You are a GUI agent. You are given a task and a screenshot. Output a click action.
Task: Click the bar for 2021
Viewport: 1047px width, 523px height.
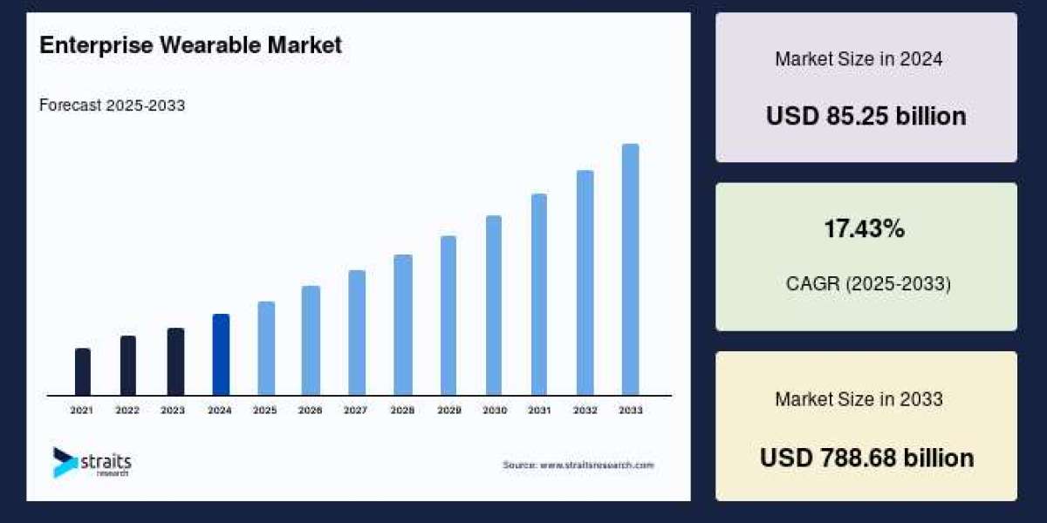(x=83, y=372)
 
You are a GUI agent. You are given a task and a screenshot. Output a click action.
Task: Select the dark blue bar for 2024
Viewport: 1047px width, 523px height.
(x=221, y=355)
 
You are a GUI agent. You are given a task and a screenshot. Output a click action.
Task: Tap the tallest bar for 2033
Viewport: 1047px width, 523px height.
(x=630, y=269)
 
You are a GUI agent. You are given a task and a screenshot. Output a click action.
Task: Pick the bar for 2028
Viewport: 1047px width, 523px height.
(x=402, y=325)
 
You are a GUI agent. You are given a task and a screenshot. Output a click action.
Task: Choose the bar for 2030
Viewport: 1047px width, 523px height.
(x=494, y=305)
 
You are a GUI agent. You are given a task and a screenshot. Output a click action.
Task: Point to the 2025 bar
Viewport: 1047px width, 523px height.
(x=266, y=349)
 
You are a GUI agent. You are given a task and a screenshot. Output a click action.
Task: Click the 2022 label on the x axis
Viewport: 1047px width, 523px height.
(x=127, y=410)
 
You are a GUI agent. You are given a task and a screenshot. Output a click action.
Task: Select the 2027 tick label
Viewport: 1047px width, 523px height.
(x=356, y=410)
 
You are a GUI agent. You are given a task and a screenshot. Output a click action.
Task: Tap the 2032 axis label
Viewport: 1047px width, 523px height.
(x=585, y=410)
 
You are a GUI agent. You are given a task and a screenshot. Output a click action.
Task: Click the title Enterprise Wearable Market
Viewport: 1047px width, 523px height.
(x=191, y=46)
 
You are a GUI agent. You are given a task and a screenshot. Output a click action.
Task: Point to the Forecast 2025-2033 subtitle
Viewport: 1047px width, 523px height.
(x=112, y=105)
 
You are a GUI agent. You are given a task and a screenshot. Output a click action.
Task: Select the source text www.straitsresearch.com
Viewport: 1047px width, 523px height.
(x=578, y=465)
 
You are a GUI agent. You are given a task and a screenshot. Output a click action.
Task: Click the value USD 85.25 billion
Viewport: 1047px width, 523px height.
(x=866, y=116)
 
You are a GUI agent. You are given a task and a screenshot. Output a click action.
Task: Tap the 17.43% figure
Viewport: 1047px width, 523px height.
(x=865, y=229)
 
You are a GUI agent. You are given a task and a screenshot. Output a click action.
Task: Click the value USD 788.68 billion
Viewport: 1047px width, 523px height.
(x=866, y=458)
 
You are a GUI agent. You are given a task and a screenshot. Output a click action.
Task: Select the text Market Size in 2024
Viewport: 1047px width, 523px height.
(x=859, y=59)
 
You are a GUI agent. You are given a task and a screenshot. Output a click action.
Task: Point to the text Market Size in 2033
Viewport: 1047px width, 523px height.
(x=859, y=399)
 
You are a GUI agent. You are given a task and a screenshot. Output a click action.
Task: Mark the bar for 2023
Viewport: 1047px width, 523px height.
(x=175, y=362)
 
